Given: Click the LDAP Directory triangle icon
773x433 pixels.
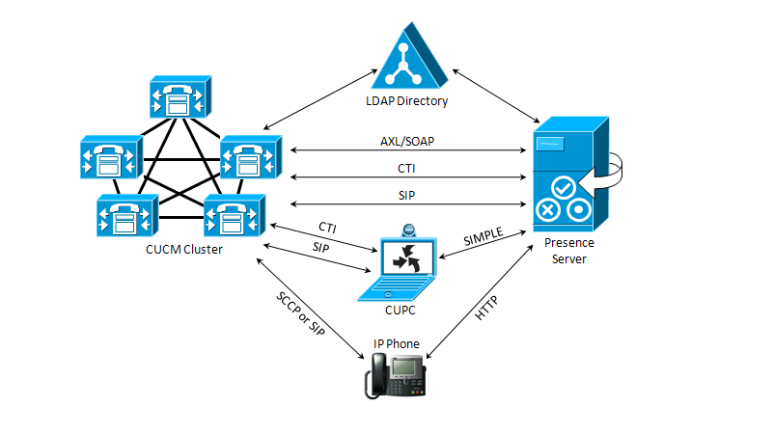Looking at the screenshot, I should click(x=413, y=61).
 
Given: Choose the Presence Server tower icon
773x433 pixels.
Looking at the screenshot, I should click(x=569, y=174).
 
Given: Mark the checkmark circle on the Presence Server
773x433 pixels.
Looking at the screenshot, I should click(x=565, y=184).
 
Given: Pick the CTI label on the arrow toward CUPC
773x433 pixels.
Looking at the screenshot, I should click(x=327, y=227).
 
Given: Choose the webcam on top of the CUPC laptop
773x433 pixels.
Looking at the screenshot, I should click(x=408, y=231).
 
